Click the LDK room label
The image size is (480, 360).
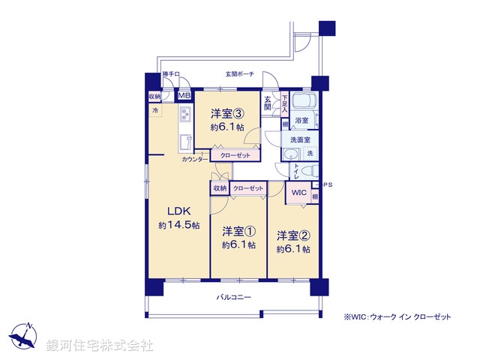(178, 211)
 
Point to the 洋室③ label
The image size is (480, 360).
(226, 114)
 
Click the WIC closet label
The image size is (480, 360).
(298, 193)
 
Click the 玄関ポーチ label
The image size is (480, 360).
(240, 74)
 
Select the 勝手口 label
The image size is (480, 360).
(172, 74)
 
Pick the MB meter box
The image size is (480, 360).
(184, 96)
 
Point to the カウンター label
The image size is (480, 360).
(195, 159)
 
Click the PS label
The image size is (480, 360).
(327, 184)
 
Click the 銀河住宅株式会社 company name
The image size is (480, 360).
(99, 345)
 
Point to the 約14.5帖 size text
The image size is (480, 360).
(178, 225)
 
